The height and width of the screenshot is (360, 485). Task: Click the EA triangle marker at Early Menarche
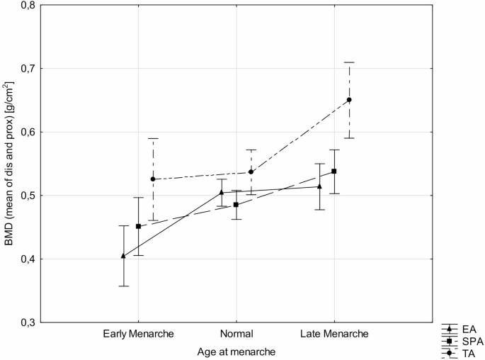click(x=124, y=256)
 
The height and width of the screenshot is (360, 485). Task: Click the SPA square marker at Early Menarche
click(x=139, y=227)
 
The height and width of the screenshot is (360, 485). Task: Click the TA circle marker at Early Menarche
click(x=153, y=179)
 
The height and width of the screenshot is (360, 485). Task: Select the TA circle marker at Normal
click(x=251, y=172)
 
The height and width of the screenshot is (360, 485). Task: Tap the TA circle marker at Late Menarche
click(x=349, y=100)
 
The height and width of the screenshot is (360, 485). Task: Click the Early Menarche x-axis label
click(x=138, y=334)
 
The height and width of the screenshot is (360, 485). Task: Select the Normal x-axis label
click(x=236, y=334)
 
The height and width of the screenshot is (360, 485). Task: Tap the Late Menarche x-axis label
click(x=334, y=334)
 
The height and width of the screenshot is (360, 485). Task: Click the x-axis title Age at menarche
click(x=236, y=350)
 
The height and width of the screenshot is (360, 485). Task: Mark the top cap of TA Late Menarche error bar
click(x=349, y=62)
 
